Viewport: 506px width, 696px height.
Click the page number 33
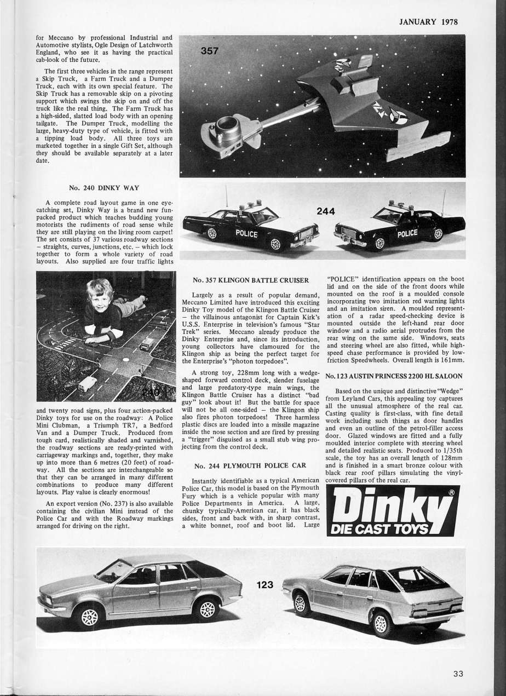point(458,674)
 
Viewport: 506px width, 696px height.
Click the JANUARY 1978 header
point(428,22)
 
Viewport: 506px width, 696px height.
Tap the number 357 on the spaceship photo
point(209,51)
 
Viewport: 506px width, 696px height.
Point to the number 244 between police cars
point(326,211)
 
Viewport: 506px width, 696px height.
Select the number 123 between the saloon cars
point(264,585)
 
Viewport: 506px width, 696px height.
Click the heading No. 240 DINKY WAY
point(104,188)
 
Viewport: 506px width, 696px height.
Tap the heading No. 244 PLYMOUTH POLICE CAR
point(250,465)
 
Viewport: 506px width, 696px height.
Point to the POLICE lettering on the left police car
point(246,232)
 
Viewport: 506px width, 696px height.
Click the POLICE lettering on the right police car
point(407,233)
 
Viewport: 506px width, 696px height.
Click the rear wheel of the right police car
point(437,234)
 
